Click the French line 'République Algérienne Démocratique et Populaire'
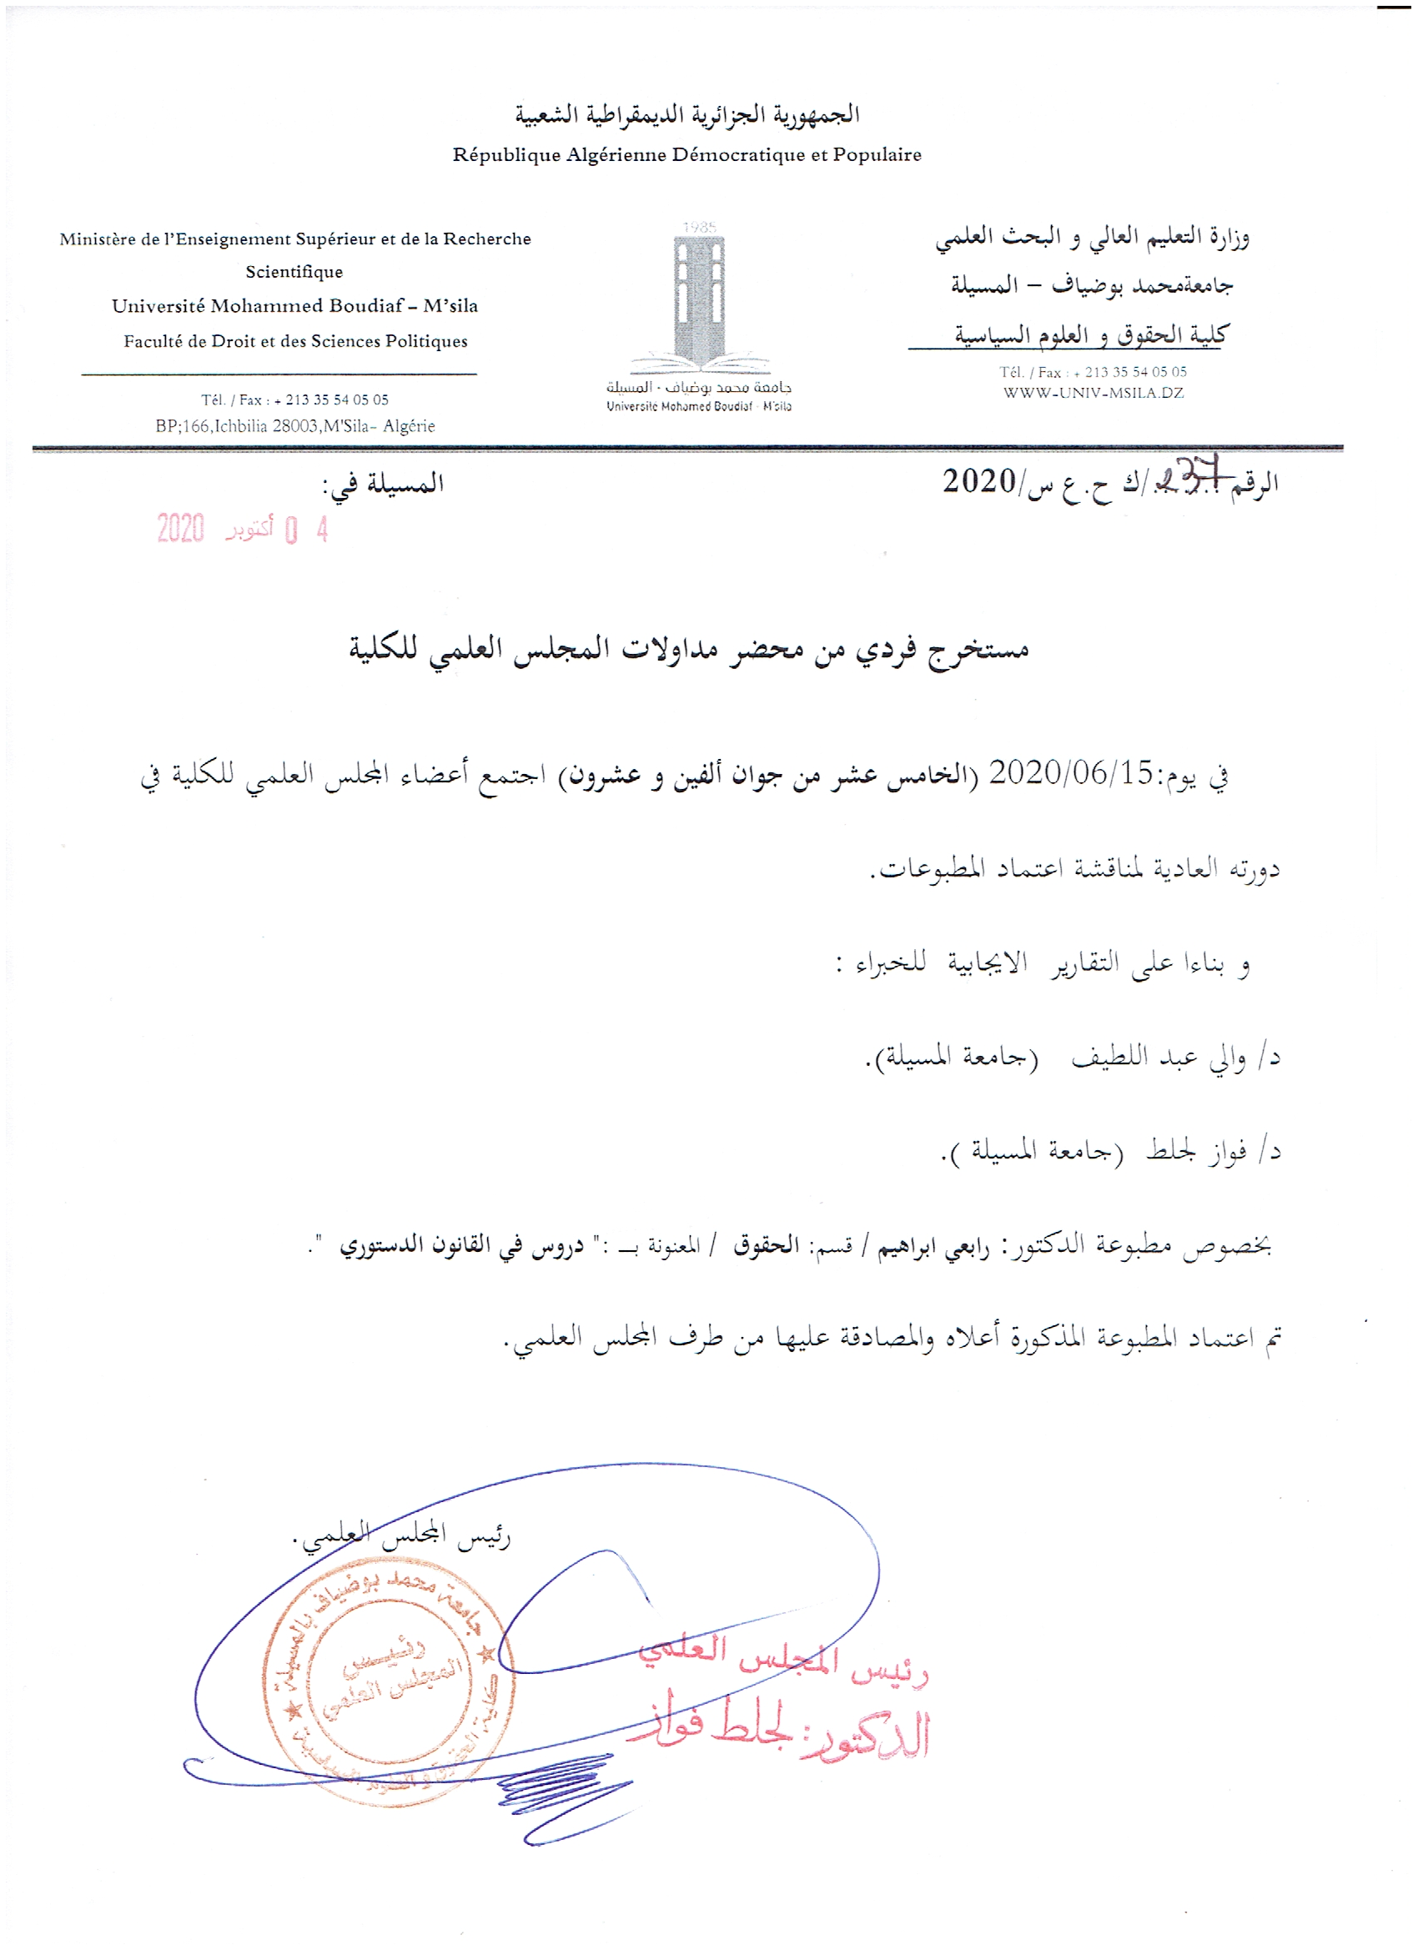coord(686,156)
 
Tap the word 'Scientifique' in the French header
coord(294,273)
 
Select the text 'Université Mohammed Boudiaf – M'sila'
coord(294,306)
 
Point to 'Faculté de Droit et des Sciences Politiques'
coord(295,341)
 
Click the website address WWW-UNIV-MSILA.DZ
coord(1093,394)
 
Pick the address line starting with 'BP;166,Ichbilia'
coord(295,426)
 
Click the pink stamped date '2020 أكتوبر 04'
coord(242,529)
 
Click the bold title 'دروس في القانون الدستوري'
coord(461,1246)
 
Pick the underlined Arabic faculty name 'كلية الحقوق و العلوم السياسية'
coord(1090,334)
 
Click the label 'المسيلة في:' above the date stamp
coord(383,484)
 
